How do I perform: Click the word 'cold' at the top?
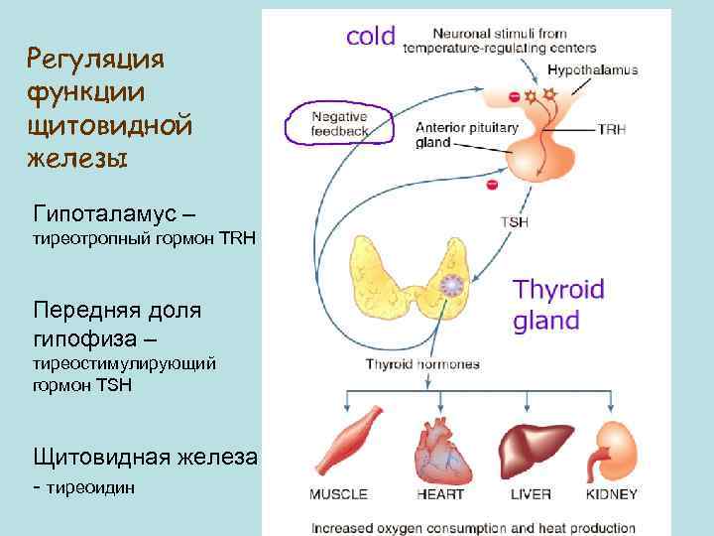pyautogui.click(x=370, y=36)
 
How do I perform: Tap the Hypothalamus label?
pyautogui.click(x=592, y=70)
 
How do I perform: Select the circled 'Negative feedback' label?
pyautogui.click(x=339, y=123)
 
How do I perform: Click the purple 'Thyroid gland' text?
pyautogui.click(x=558, y=305)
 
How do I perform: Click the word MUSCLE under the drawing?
pyautogui.click(x=338, y=494)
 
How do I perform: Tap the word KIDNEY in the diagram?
pyautogui.click(x=612, y=494)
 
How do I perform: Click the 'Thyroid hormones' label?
pyautogui.click(x=422, y=364)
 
